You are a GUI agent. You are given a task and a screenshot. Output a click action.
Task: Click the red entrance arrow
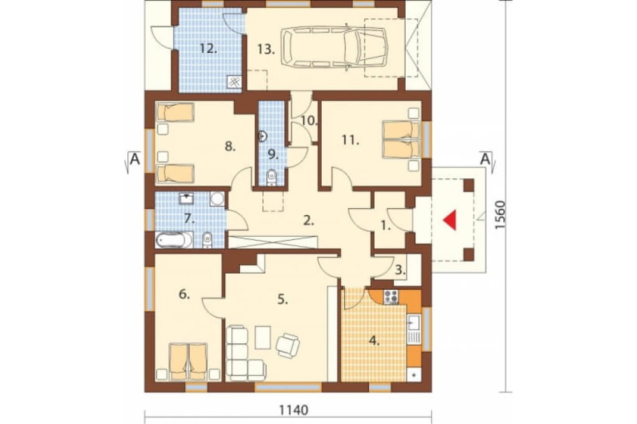450,220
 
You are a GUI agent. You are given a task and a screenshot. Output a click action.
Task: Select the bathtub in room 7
174,240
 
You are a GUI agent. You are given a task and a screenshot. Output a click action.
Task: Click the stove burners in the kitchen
391,297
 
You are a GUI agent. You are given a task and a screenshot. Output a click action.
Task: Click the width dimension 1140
293,410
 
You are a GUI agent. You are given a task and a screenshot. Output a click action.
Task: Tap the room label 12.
208,49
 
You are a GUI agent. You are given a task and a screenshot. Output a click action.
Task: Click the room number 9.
273,154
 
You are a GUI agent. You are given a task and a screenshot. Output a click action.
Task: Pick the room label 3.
400,269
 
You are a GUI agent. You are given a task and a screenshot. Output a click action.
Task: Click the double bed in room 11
401,140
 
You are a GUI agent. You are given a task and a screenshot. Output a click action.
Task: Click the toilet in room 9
271,178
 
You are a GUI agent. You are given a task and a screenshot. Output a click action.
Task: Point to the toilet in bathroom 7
207,239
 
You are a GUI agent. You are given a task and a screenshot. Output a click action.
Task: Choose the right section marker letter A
484,159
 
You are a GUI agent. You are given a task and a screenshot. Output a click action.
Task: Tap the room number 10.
310,120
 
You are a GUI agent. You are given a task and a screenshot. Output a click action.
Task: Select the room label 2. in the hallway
308,220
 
